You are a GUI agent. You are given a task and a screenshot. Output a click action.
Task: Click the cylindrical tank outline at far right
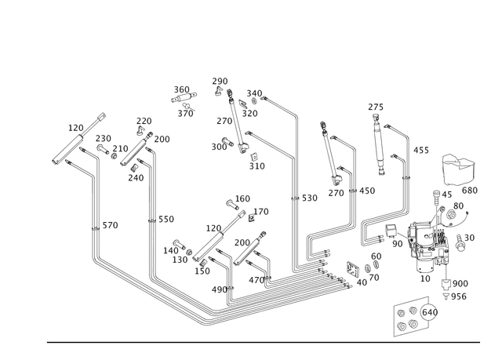pyautogui.click(x=459, y=167)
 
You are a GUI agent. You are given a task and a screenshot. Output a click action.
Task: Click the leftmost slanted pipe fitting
pyautogui.click(x=78, y=140)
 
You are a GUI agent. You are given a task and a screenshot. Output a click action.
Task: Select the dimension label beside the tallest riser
pyautogui.click(x=308, y=198)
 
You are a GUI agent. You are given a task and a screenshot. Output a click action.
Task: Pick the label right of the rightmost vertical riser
pyautogui.click(x=420, y=150)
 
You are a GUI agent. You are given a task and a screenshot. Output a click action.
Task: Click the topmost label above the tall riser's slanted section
pyautogui.click(x=220, y=81)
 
